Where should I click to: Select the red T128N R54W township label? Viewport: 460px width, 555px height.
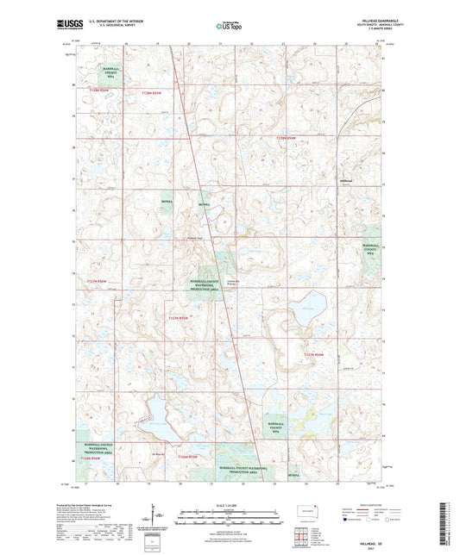291,138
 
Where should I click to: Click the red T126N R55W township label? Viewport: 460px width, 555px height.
187,456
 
